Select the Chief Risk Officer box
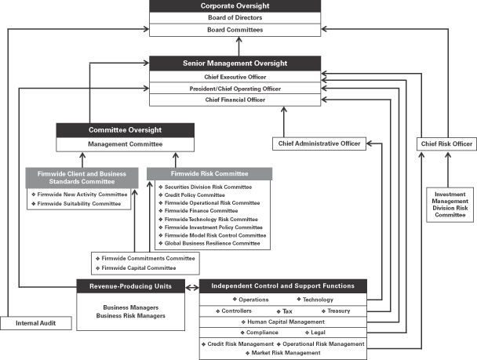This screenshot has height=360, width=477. click(446, 144)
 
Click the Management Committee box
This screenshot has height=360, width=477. click(125, 144)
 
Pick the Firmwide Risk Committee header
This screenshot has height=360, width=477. click(209, 173)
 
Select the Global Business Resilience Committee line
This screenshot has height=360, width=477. click(211, 243)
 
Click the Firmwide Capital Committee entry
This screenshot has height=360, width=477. click(133, 267)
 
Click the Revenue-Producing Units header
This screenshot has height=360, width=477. click(131, 285)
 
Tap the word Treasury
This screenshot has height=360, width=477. click(338, 311)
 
